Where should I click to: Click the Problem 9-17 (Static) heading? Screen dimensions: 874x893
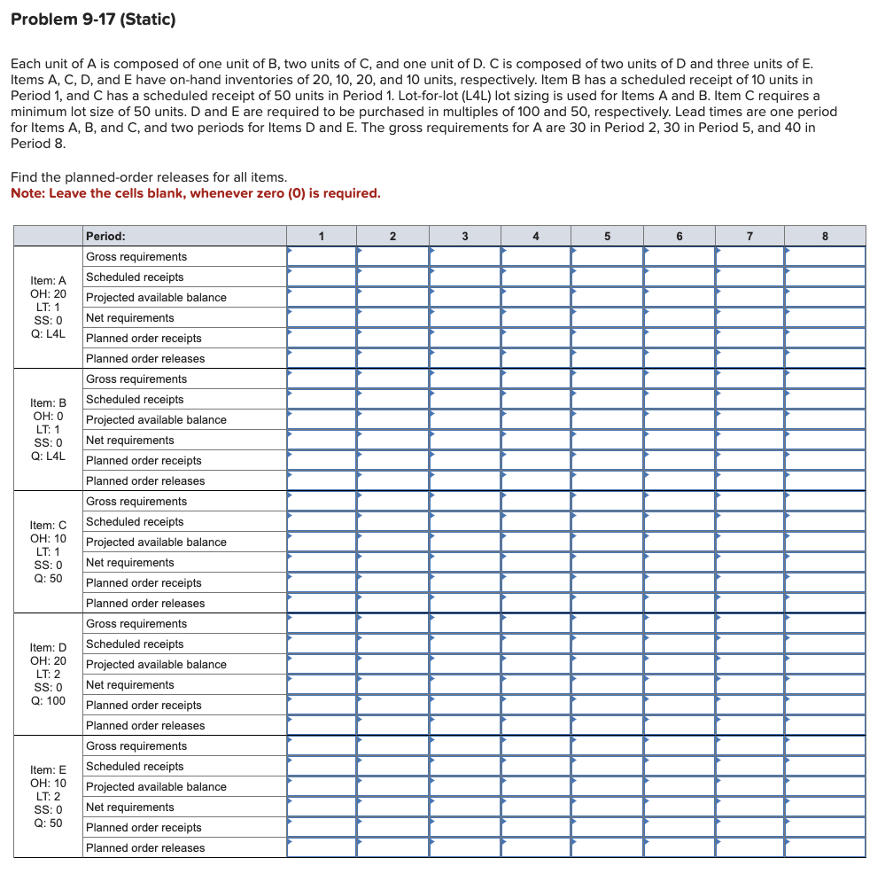pos(93,19)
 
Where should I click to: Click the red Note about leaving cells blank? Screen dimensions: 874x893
pos(195,193)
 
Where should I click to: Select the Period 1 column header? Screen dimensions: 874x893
pos(322,236)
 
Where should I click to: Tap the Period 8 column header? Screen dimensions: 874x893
pos(824,236)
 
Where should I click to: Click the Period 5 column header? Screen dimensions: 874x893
pos(608,236)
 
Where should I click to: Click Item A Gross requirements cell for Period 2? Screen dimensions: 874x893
pos(393,256)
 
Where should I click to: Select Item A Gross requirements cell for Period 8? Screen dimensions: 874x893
pos(824,256)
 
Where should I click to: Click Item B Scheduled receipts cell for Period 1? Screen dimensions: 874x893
pos(322,399)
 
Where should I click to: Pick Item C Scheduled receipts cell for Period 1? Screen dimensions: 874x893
pos(322,521)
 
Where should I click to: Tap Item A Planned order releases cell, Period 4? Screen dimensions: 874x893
pos(536,358)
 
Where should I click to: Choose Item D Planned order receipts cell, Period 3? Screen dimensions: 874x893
pos(464,705)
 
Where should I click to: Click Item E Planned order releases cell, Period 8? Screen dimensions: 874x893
pos(824,847)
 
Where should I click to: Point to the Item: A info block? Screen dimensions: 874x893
pos(48,307)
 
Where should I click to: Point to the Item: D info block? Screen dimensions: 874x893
pos(48,674)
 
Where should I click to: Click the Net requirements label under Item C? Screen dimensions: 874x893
pos(130,562)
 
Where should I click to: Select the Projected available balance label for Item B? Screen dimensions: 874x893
pos(156,419)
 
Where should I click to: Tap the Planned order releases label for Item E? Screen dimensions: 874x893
pos(145,847)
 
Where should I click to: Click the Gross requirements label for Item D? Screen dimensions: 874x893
pos(136,623)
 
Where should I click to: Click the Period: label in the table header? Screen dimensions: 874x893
pos(105,236)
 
